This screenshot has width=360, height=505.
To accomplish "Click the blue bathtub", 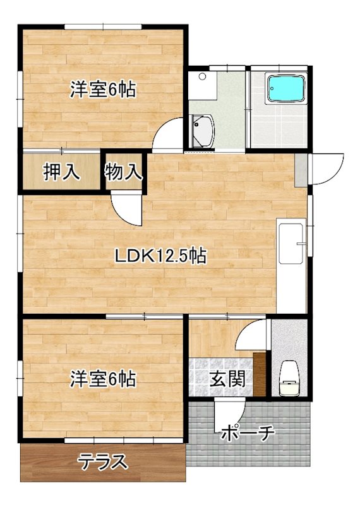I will click(286, 88).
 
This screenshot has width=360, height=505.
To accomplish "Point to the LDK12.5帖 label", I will click(160, 256).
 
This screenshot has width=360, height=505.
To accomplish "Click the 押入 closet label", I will click(61, 172).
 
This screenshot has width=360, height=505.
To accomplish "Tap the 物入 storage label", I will click(124, 172).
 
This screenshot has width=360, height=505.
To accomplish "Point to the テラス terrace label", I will click(104, 462).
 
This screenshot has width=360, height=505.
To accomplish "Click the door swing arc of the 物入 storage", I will click(126, 208).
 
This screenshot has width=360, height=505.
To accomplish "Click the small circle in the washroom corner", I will click(202, 77).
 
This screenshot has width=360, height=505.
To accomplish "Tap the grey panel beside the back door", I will click(302, 168).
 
